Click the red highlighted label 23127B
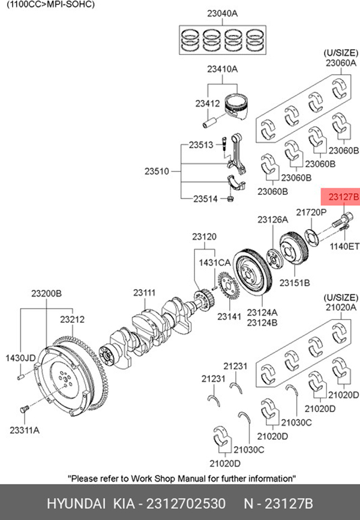[339, 196]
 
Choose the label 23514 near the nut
[205, 199]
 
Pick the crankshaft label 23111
[144, 293]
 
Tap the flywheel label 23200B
[46, 294]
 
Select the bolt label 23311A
[24, 429]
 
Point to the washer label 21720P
[311, 212]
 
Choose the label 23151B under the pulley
[296, 281]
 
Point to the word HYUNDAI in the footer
[70, 502]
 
